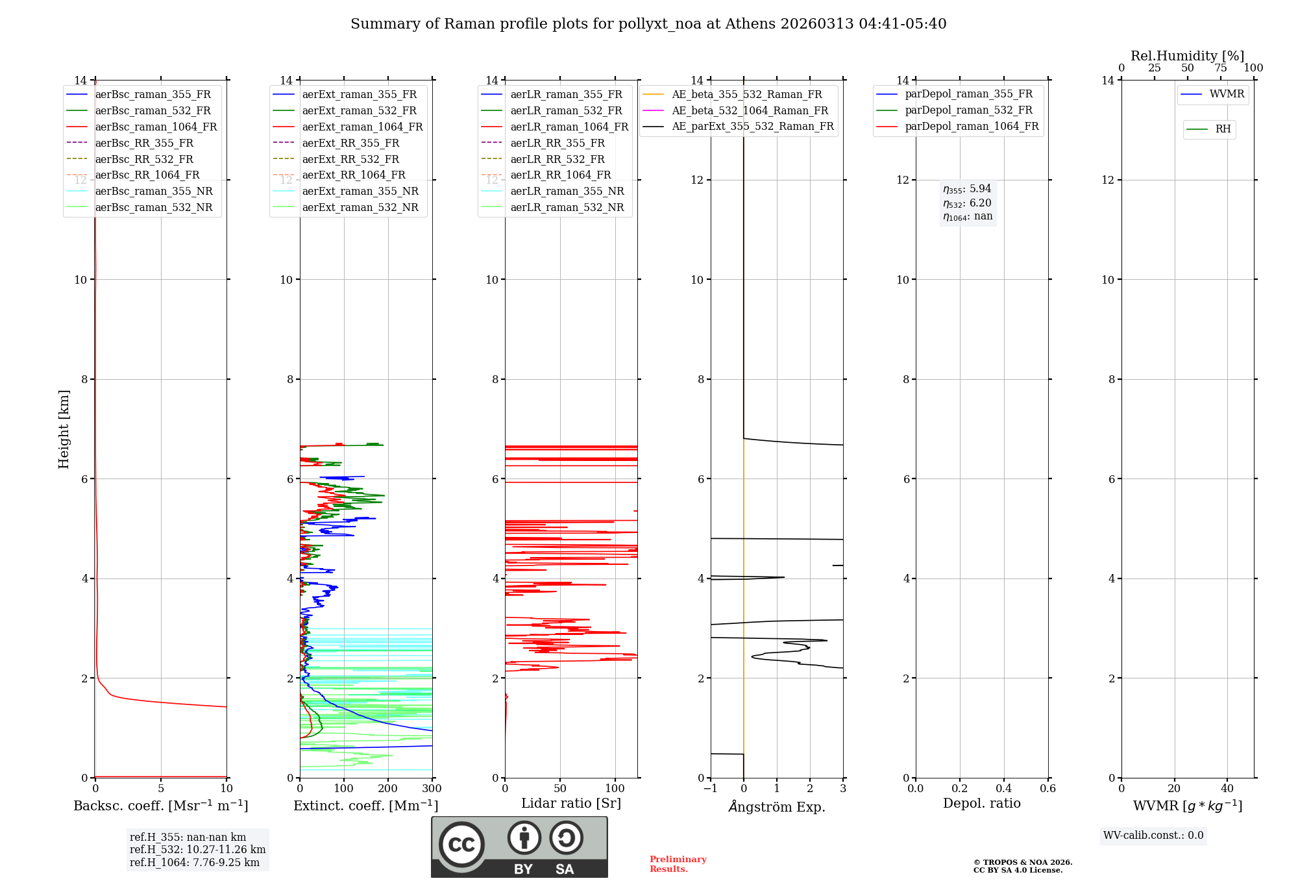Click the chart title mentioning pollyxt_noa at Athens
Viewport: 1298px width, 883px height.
(x=648, y=24)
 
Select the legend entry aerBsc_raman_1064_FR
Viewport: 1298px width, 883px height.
(x=156, y=127)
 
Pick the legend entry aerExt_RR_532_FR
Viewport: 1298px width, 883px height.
(x=350, y=159)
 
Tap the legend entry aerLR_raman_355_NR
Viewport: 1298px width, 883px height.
(x=567, y=191)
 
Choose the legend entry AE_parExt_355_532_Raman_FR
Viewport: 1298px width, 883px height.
(x=752, y=126)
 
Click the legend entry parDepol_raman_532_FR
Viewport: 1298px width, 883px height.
(x=968, y=110)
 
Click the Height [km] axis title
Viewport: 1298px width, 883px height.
(x=64, y=429)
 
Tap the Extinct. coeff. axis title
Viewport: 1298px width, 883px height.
(x=365, y=806)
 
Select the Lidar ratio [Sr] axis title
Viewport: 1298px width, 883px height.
(x=570, y=803)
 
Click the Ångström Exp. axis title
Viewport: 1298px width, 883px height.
(x=776, y=806)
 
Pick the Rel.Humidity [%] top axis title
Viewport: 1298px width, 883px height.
(x=1187, y=56)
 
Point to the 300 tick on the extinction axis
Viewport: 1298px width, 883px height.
(x=432, y=789)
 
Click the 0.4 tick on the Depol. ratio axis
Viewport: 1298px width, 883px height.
(x=1003, y=789)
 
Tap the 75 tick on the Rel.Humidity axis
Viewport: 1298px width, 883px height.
(x=1220, y=68)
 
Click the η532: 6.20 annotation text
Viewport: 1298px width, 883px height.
(x=967, y=203)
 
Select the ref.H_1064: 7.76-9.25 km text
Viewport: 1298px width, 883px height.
(x=194, y=862)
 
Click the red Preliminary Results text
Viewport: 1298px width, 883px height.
(x=678, y=864)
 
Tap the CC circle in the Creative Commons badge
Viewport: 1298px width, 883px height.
(x=461, y=845)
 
